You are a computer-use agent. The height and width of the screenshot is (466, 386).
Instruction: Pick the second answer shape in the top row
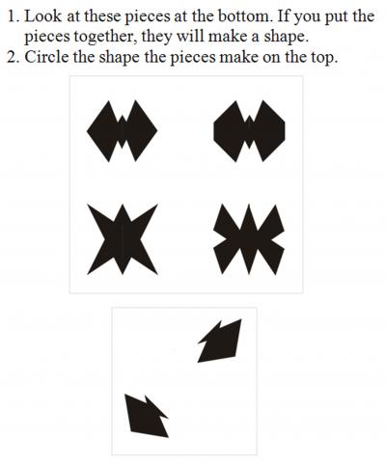[x=249, y=130]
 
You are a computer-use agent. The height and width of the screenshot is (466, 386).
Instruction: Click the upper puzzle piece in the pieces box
[x=219, y=342]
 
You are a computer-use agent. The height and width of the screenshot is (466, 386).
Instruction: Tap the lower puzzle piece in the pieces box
[x=146, y=414]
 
